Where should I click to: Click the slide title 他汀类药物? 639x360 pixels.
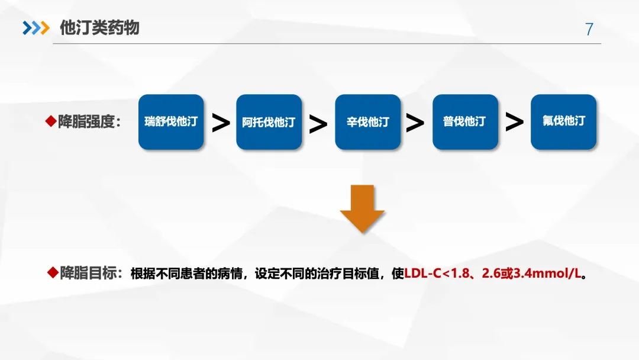click(99, 28)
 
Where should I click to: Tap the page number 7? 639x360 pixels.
click(589, 29)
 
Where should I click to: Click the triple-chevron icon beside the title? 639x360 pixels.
click(35, 28)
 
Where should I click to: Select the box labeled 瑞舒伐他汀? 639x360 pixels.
click(171, 122)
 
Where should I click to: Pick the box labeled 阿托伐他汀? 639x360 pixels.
click(269, 122)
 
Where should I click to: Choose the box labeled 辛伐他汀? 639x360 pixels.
click(367, 122)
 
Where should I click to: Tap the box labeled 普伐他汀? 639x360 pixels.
click(465, 122)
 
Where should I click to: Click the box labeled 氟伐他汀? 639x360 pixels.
click(563, 122)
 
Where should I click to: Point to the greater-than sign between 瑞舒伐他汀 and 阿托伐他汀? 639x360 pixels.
click(221, 123)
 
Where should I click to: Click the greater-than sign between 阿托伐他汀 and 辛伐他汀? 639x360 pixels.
click(318, 123)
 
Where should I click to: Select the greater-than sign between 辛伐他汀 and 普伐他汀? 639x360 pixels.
click(415, 123)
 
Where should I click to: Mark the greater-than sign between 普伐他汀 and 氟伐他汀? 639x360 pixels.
click(514, 123)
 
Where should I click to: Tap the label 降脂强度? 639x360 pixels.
click(89, 122)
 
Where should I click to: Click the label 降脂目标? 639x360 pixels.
click(92, 274)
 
